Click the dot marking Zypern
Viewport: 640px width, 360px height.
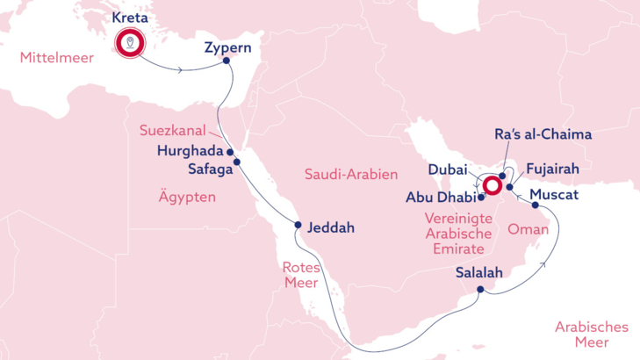tap(227, 61)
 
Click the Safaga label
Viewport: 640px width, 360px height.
tap(210, 169)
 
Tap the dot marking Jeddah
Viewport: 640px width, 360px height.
tap(298, 225)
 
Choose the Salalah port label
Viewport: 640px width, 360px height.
tap(479, 273)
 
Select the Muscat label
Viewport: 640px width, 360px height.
tap(555, 194)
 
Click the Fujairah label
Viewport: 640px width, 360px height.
tap(550, 168)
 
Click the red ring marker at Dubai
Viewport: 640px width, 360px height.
tap(491, 185)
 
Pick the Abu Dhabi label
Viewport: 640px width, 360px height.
tap(440, 198)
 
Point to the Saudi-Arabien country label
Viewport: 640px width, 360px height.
tap(351, 175)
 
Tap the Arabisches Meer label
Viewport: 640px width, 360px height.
tap(591, 334)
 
